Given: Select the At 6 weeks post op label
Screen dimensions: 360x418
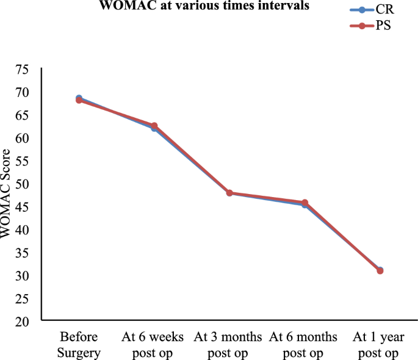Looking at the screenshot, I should (154, 344).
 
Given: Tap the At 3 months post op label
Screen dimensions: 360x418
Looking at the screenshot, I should (229, 344).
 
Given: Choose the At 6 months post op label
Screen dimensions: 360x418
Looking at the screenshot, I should (303, 344).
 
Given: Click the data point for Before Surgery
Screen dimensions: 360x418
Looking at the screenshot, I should (79, 99).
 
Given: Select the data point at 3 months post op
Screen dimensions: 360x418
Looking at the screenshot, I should (229, 193).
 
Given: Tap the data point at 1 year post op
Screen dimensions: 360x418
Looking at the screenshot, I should (380, 270).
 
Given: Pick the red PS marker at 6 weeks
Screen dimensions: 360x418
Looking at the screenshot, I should (154, 126).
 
